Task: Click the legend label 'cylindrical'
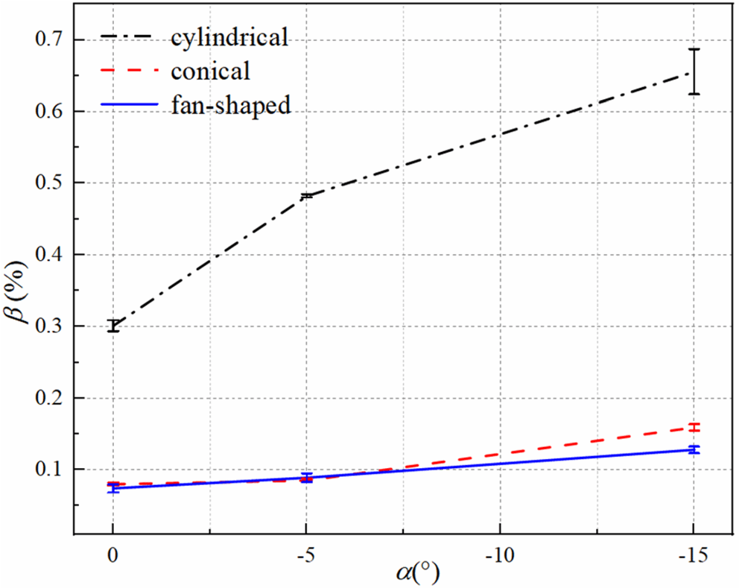(229, 37)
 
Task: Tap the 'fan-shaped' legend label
(229, 105)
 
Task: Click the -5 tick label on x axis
(306, 555)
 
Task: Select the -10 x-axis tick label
(499, 555)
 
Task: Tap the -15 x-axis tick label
(694, 555)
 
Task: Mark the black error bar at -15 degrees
(694, 72)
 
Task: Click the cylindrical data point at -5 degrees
(306, 196)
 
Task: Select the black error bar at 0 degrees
(113, 326)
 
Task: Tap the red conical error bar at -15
(694, 428)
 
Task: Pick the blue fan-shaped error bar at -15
(694, 449)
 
